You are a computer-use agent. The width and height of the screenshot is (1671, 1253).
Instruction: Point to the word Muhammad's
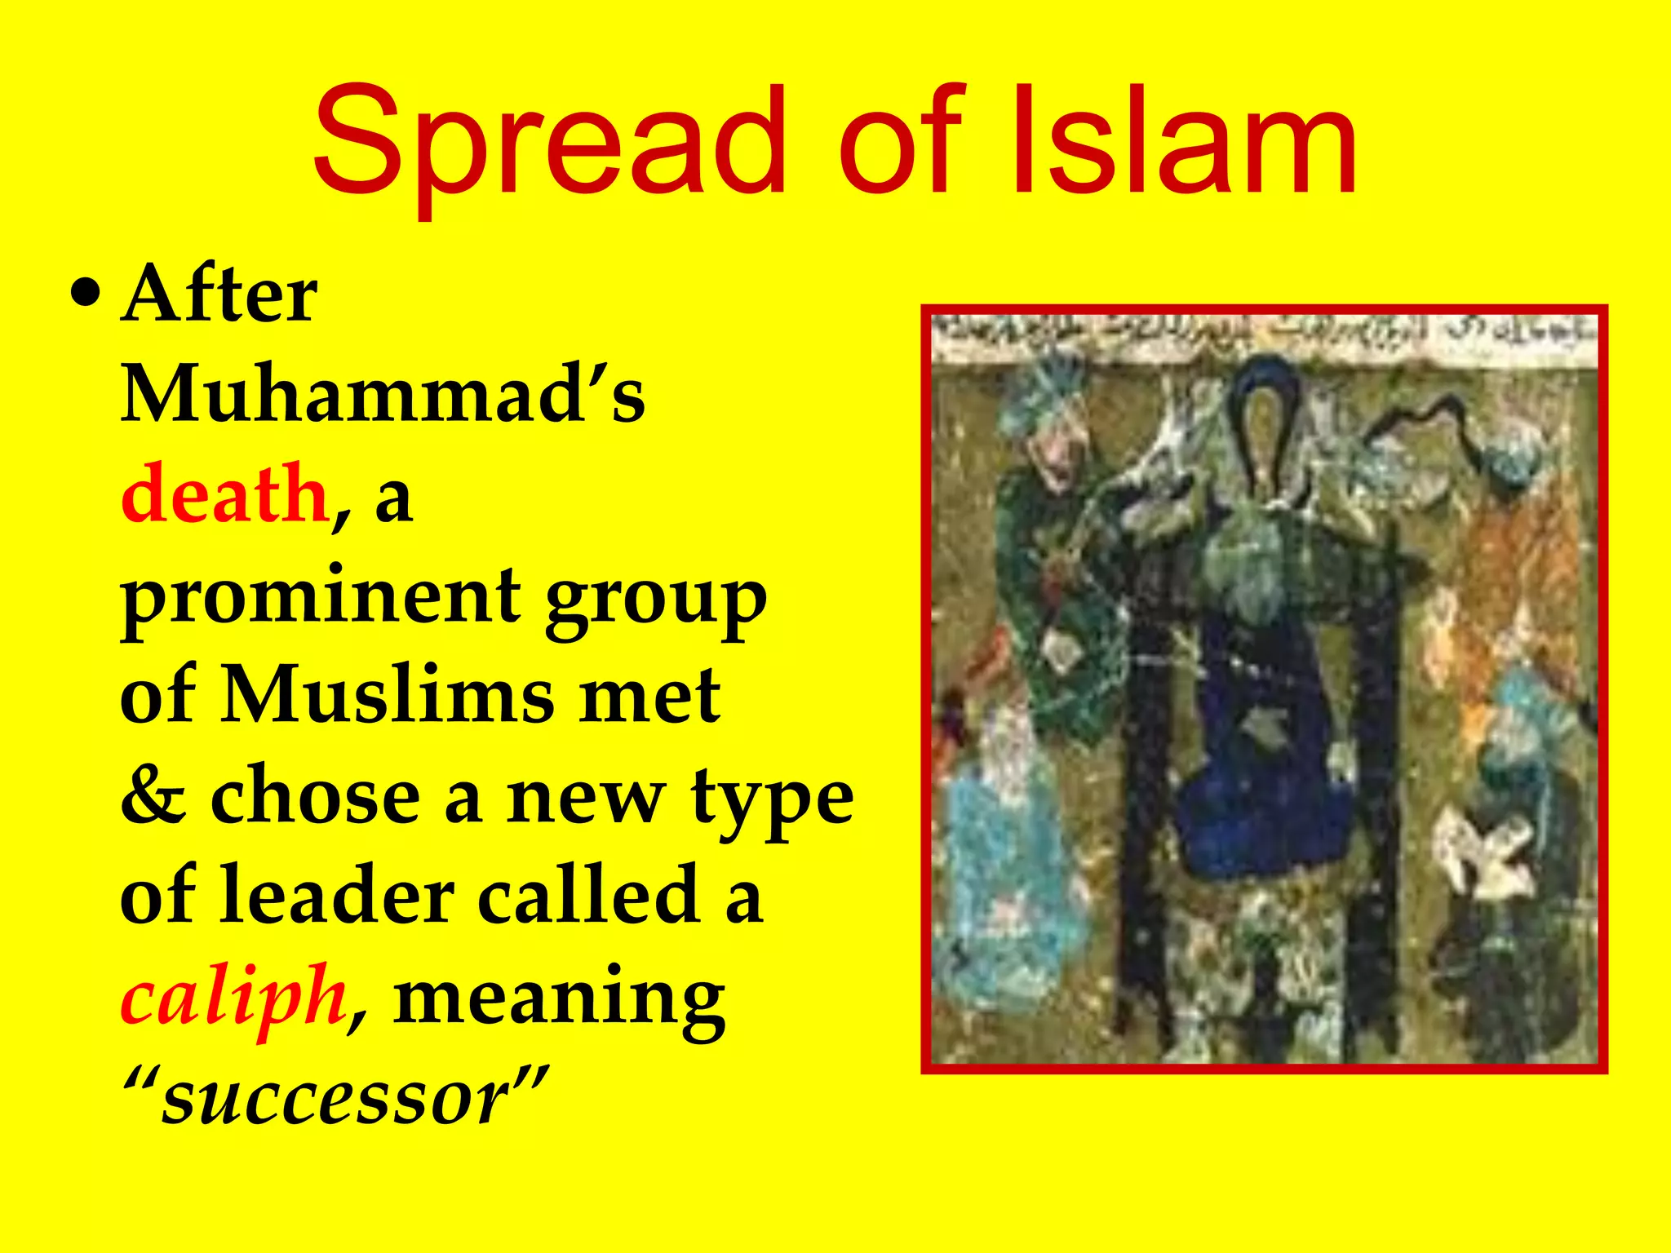point(383,395)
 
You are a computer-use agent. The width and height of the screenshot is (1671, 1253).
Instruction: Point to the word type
point(772,800)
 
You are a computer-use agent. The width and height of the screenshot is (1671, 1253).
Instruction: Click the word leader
point(336,897)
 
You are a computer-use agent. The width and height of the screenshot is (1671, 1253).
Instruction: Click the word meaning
point(559,1000)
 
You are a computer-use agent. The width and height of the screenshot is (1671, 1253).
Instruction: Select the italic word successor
point(335,1098)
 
